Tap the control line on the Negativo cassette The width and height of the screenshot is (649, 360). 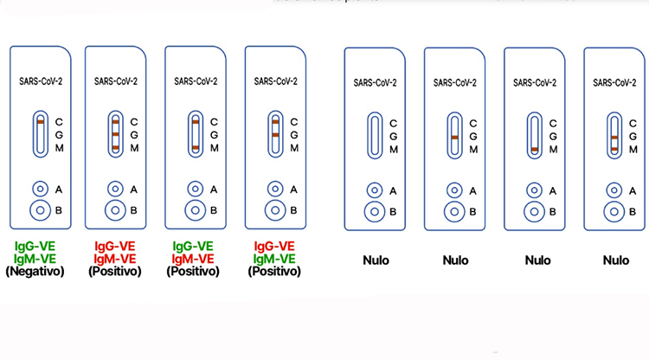click(40, 122)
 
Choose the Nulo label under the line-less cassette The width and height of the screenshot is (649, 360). click(375, 260)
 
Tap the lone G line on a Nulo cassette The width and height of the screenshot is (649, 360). click(455, 138)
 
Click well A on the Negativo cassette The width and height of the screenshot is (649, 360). click(40, 189)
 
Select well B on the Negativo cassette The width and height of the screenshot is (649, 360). click(40, 209)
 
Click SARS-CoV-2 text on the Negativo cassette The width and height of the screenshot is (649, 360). click(40, 82)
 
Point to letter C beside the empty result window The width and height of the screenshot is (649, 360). click(393, 124)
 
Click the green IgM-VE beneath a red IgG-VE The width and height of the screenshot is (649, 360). click(274, 258)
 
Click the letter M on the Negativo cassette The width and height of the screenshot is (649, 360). click(58, 148)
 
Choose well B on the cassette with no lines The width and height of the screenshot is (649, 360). click(375, 211)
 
